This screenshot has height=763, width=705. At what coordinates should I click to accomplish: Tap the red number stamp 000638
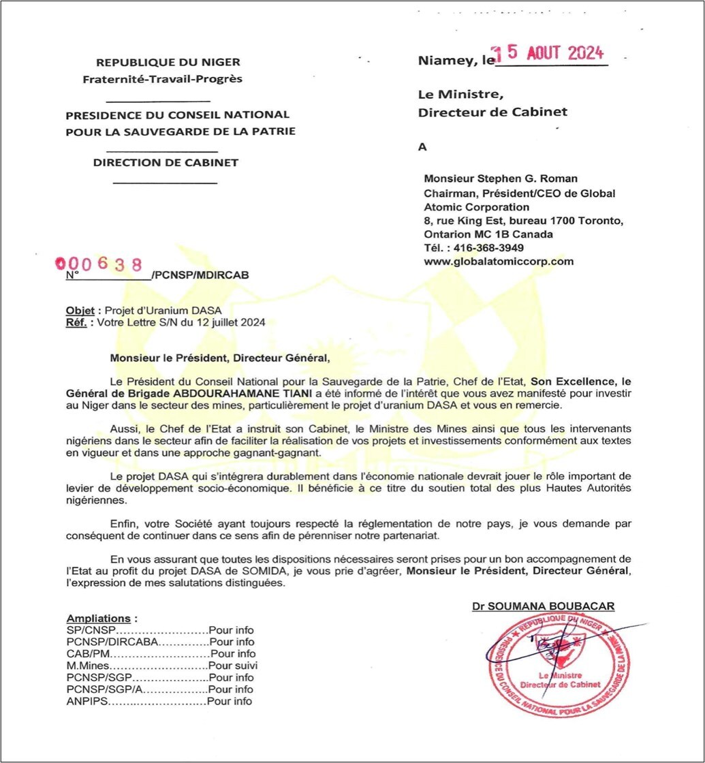click(x=99, y=264)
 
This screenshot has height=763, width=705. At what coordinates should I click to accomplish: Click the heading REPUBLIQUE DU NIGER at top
click(x=168, y=62)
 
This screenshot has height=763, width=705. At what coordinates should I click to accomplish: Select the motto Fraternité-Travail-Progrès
click(x=162, y=79)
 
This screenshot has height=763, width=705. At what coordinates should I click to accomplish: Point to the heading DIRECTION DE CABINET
click(x=166, y=163)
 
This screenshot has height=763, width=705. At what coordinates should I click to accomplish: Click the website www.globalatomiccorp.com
click(x=499, y=261)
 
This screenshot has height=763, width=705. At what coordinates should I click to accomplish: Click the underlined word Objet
click(x=80, y=310)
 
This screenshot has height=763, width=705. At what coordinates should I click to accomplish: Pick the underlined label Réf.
click(x=76, y=322)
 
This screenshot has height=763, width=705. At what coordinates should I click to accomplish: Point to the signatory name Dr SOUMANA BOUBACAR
click(x=543, y=606)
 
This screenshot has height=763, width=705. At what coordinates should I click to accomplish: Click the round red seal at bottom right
click(x=558, y=666)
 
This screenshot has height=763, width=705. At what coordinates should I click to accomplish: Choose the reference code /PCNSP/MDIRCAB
click(x=201, y=275)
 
